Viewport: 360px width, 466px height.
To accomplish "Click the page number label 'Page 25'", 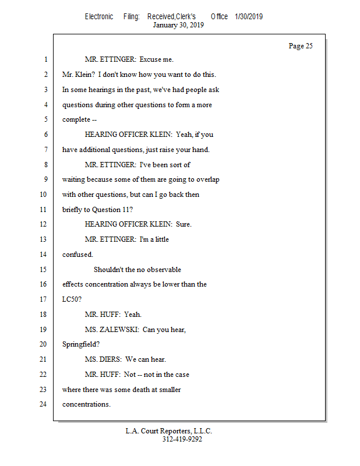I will tap(301, 46).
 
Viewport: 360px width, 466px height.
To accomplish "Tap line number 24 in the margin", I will tap(44, 404).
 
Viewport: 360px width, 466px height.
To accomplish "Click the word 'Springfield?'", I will tap(81, 344).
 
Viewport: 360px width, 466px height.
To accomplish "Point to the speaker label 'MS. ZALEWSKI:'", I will tap(112, 329).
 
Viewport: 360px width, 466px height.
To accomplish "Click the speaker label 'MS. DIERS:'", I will tap(104, 359).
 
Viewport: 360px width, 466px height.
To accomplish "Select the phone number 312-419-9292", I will tap(182, 439).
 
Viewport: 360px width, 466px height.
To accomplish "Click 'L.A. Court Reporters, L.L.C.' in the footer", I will tap(169, 431).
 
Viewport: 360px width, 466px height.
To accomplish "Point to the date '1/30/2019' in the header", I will tap(249, 16).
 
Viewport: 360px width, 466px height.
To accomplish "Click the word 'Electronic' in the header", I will tap(99, 16).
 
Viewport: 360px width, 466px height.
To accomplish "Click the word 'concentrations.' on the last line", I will tap(86, 404).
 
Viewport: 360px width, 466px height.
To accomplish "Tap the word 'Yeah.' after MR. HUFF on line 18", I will tap(133, 315).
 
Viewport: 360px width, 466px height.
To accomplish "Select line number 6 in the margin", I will tap(45, 135).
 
